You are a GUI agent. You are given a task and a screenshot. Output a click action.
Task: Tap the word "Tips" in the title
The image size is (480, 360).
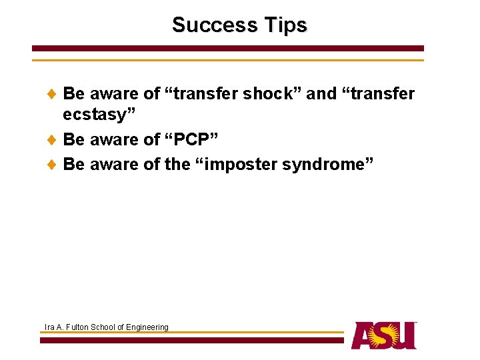click(x=285, y=25)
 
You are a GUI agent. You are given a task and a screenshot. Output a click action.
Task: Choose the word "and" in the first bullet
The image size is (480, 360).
click(x=321, y=94)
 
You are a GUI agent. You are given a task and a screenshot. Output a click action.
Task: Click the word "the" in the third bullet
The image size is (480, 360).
click(x=177, y=164)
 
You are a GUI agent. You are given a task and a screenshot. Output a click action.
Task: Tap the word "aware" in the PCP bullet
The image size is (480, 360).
click(x=115, y=140)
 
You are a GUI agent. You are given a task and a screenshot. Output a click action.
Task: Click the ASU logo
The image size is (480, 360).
click(x=383, y=335)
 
